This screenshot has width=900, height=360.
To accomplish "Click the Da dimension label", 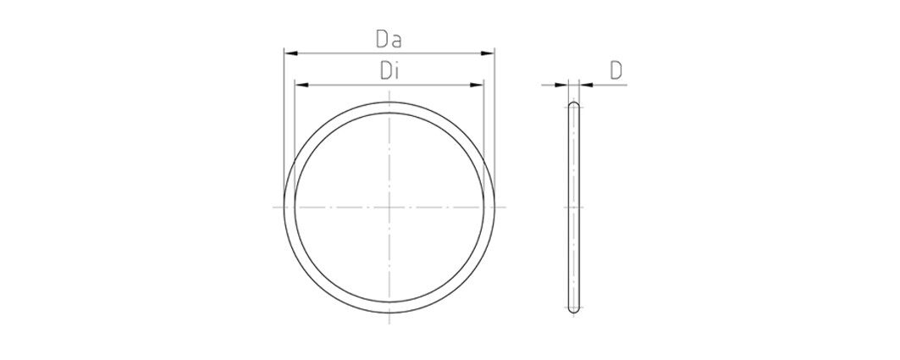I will [389, 39].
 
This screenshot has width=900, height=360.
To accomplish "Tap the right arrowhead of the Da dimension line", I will [489, 53].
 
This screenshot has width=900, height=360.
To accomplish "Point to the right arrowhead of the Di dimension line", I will [478, 85].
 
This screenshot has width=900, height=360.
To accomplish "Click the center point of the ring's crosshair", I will [389, 208].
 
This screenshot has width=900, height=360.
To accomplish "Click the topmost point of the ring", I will [389, 103].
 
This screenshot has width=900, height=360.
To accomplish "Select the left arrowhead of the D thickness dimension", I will [564, 84].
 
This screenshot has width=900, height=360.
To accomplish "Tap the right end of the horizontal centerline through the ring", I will [506, 208].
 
